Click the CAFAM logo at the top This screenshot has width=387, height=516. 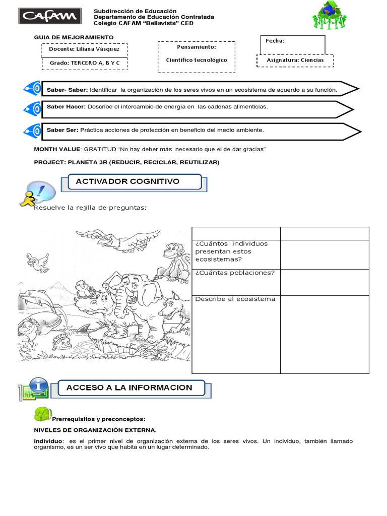tap(49, 16)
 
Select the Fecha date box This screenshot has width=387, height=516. tap(293, 44)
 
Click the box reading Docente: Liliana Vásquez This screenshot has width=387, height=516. tap(84, 49)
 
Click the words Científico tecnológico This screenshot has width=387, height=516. tap(197, 60)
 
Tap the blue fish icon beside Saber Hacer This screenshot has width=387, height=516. tap(32, 108)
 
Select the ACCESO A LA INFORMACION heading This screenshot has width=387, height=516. tap(130, 388)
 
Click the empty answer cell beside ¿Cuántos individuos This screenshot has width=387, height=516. tap(325, 254)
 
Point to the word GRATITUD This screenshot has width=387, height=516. tap(100, 150)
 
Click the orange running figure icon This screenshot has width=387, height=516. tap(28, 198)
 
